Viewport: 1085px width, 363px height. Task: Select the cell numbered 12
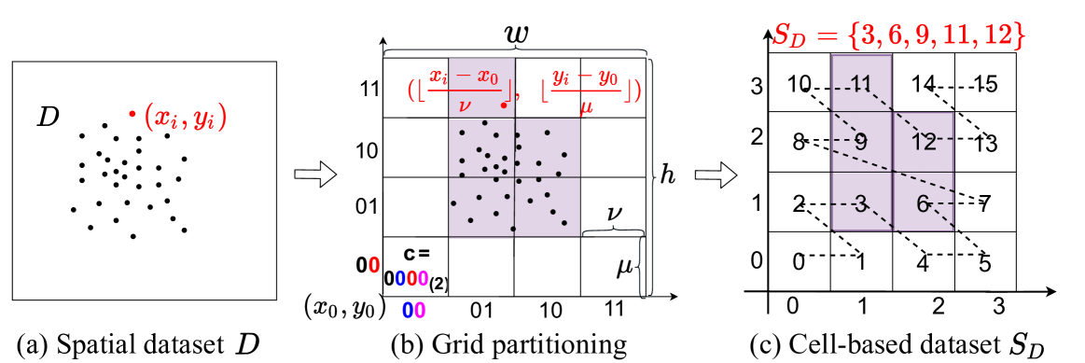924,143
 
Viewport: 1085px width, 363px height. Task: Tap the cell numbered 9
860,143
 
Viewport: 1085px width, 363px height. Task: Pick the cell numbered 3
860,202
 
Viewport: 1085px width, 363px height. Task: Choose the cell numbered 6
924,202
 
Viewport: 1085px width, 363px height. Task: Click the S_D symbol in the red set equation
789,36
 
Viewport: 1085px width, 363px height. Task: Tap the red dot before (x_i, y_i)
132,115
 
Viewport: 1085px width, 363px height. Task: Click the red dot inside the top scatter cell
504,105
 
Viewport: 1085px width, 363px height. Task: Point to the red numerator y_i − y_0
585,78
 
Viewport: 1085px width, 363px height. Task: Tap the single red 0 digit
374,266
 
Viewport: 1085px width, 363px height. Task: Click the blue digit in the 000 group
399,278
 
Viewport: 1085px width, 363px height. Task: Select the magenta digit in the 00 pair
420,311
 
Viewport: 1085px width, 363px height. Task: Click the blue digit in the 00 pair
408,311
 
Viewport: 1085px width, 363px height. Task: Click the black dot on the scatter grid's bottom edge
513,229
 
